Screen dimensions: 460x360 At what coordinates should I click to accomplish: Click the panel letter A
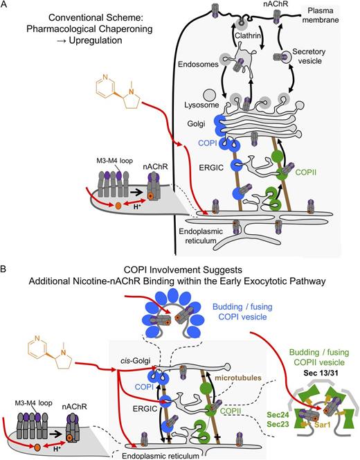(6, 6)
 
